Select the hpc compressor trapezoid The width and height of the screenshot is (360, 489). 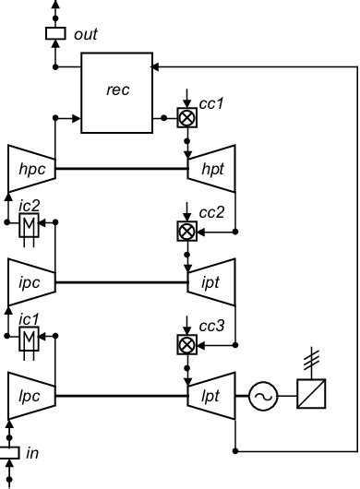(30, 168)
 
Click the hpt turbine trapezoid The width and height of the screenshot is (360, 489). (211, 168)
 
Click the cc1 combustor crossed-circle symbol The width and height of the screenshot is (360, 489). (186, 117)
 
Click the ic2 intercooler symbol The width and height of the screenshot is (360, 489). (28, 227)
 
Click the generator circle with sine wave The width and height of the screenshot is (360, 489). (263, 396)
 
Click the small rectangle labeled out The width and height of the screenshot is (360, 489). (56, 34)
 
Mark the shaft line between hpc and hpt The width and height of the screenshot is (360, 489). (122, 169)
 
